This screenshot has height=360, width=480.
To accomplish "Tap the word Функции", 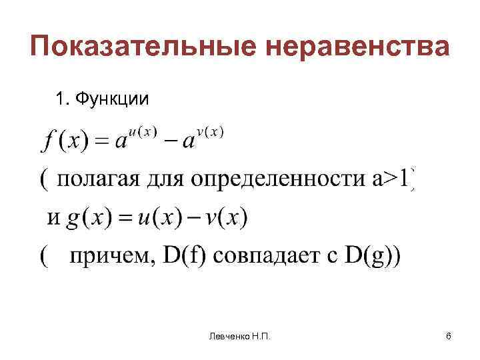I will point(112,99).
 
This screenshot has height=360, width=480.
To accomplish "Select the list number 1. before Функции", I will point(64,99).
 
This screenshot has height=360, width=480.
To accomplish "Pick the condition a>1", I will point(393,180).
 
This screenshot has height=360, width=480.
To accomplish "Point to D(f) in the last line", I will point(183,256).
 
